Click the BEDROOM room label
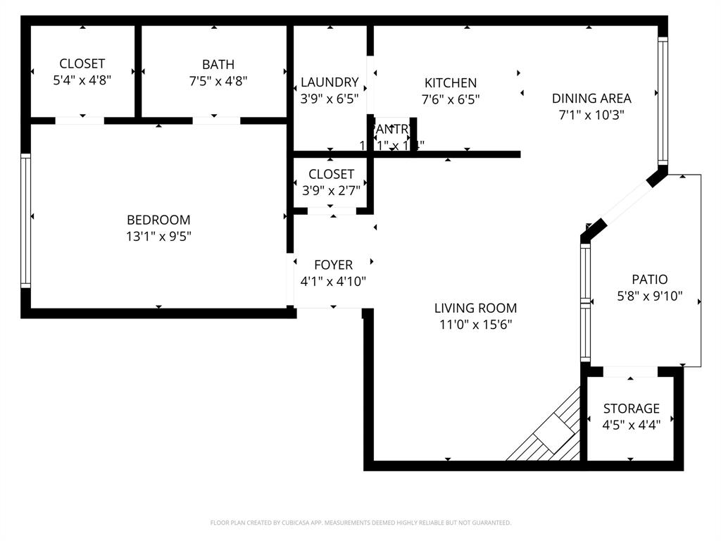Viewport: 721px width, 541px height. (x=158, y=220)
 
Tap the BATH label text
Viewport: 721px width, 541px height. (x=218, y=65)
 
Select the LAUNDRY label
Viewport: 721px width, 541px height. (x=330, y=82)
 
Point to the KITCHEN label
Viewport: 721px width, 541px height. (x=451, y=83)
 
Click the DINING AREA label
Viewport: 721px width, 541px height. (x=591, y=99)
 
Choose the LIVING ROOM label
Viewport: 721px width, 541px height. (x=475, y=308)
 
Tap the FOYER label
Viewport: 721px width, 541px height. (x=333, y=265)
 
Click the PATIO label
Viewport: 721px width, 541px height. (x=649, y=280)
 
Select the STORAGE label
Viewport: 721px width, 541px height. (x=632, y=409)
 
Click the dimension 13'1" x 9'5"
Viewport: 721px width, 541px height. (x=158, y=237)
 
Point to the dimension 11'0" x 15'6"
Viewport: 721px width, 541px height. (x=475, y=325)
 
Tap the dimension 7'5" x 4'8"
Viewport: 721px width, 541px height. (x=218, y=81)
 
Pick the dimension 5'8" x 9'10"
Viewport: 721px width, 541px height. (x=649, y=297)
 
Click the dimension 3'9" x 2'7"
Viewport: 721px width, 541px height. (x=331, y=190)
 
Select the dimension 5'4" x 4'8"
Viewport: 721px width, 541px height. (x=82, y=81)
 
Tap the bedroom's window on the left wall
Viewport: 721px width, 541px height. (x=26, y=220)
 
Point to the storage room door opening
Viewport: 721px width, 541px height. (x=630, y=371)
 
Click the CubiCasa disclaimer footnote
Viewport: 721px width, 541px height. (x=360, y=523)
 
